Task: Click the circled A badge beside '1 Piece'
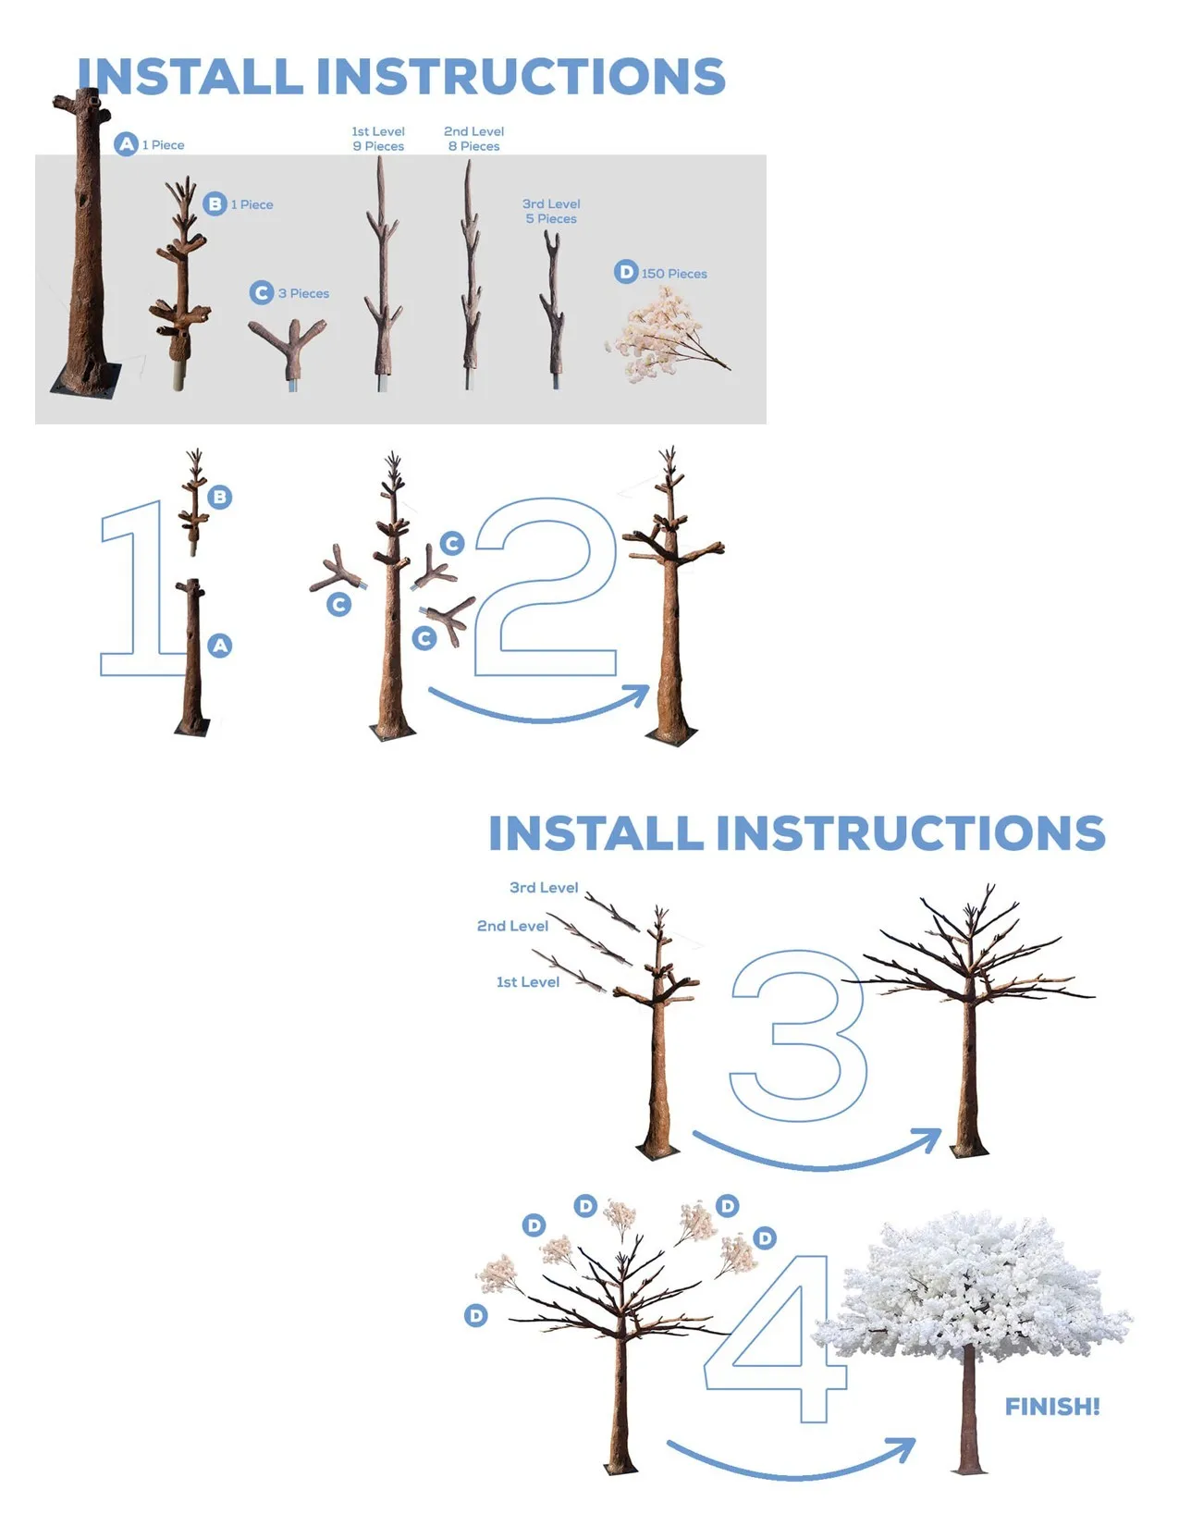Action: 127,144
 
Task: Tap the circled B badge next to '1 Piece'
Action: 215,203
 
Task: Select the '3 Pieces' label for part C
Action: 303,293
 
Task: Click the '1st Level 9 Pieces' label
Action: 378,139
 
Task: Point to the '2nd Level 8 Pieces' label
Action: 474,139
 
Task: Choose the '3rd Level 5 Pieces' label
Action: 551,211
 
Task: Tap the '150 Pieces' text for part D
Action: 673,273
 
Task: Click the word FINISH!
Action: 1052,1406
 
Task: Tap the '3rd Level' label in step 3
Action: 544,887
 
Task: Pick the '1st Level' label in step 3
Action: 527,982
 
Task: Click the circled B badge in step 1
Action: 220,497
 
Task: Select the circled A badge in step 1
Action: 220,646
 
